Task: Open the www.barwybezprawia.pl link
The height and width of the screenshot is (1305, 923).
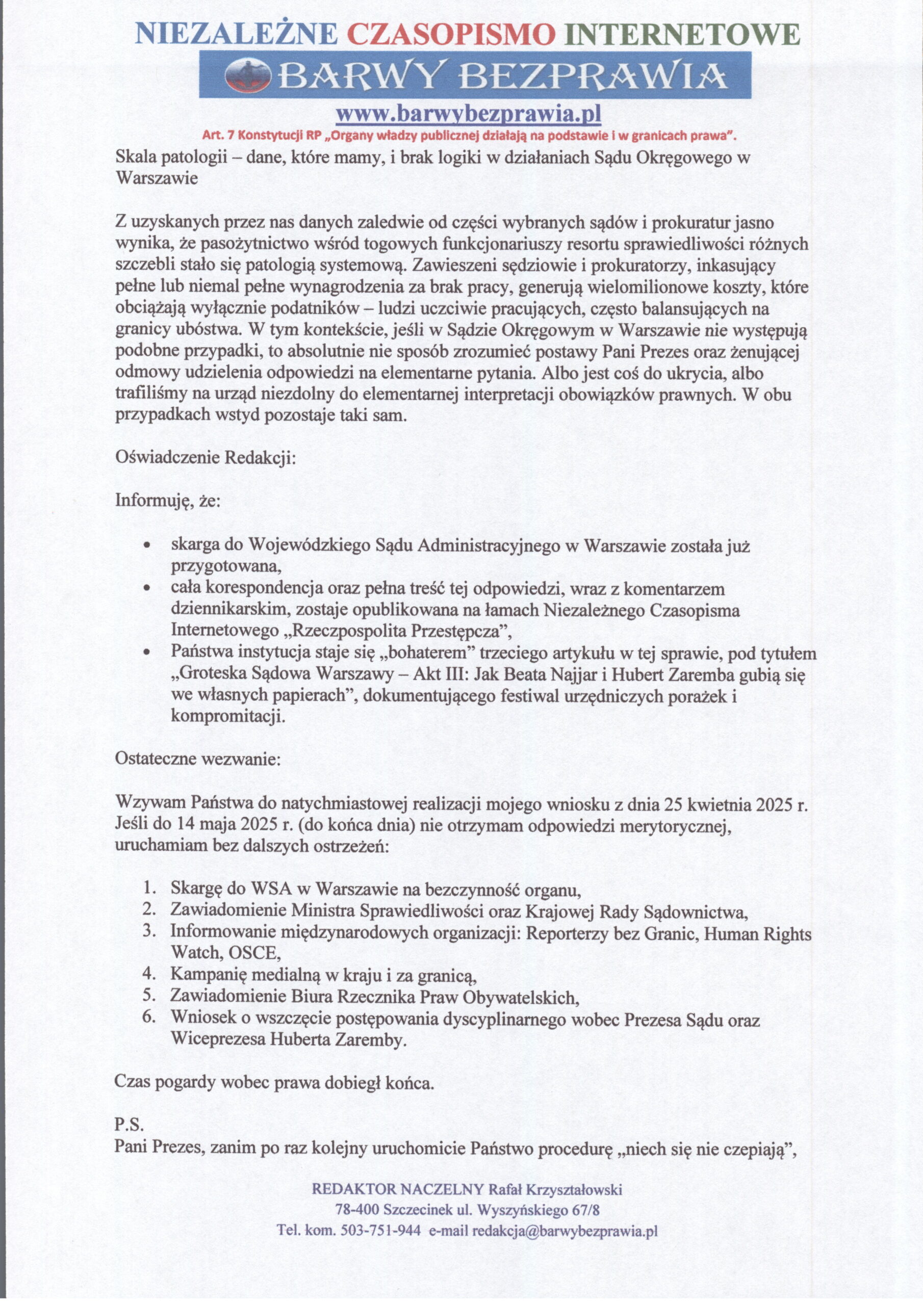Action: coord(468,114)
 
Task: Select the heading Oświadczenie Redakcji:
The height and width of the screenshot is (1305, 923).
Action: coord(206,458)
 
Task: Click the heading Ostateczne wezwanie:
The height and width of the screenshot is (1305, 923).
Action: coord(197,759)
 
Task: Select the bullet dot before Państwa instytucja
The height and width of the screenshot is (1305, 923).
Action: coord(147,653)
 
